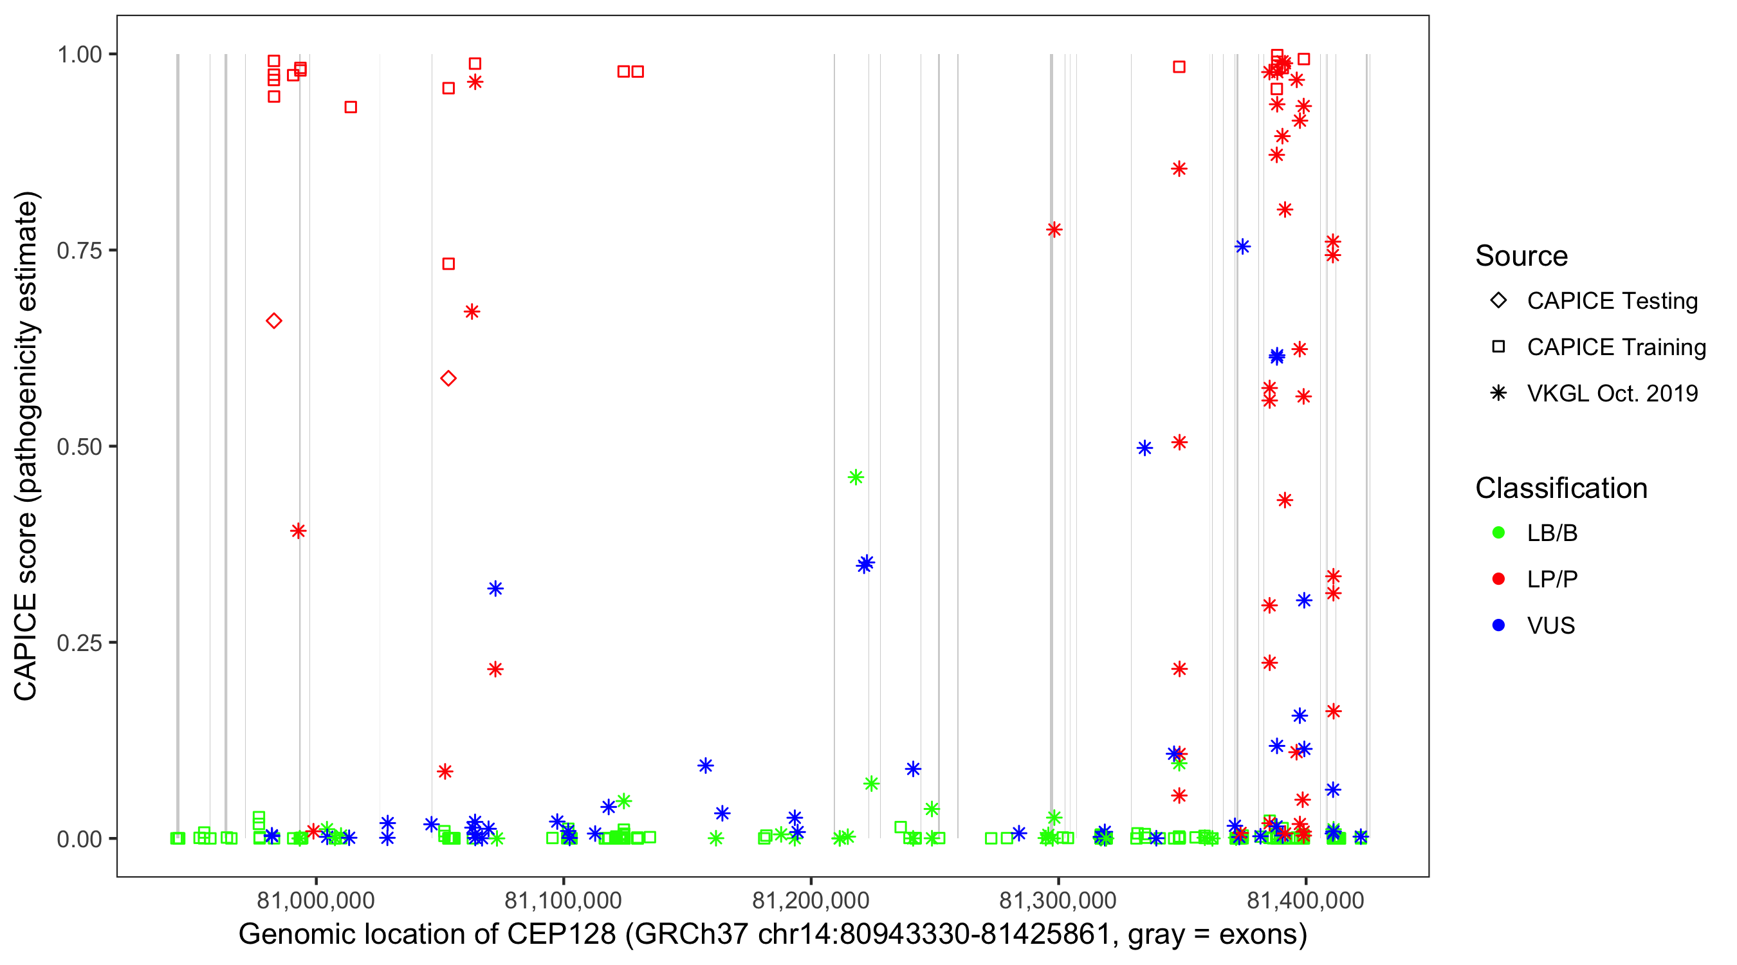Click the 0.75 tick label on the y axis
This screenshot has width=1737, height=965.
point(78,251)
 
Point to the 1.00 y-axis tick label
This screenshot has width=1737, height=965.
point(78,55)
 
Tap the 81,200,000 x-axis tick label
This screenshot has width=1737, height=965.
point(811,900)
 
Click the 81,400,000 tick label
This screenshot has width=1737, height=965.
point(1305,900)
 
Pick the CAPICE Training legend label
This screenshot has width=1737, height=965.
point(1616,347)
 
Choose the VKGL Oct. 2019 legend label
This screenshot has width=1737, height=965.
point(1612,394)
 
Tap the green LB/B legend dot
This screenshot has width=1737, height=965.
point(1498,533)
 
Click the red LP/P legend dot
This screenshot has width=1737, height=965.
point(1498,579)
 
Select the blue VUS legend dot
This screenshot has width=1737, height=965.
point(1498,626)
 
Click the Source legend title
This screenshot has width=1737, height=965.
point(1521,256)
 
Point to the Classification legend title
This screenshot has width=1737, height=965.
point(1561,488)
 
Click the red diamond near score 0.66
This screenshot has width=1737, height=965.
point(274,321)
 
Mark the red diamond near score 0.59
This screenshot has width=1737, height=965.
point(448,379)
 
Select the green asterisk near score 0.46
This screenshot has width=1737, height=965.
point(856,477)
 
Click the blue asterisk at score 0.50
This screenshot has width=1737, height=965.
point(1144,448)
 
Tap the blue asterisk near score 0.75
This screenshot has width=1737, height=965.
point(1243,247)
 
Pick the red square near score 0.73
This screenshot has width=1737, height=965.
point(448,264)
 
